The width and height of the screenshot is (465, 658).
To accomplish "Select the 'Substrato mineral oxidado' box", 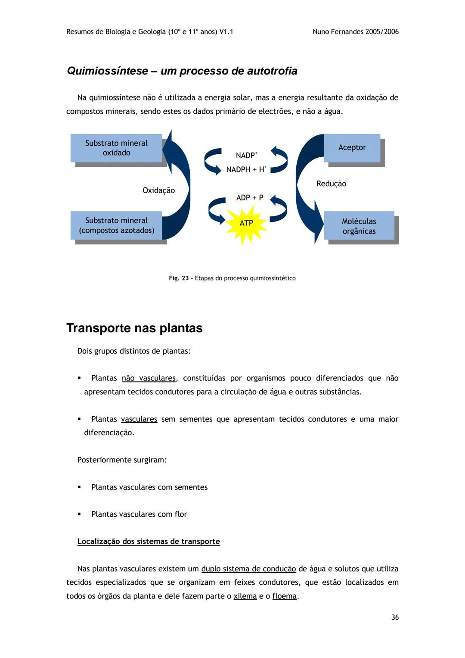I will (x=116, y=148).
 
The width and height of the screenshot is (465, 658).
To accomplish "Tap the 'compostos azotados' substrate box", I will (x=116, y=225).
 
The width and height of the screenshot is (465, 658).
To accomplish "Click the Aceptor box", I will (x=352, y=147).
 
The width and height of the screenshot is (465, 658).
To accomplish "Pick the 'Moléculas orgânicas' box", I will (x=359, y=226).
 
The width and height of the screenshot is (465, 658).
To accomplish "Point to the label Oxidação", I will (x=158, y=190).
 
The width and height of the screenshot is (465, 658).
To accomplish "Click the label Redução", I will (x=331, y=184).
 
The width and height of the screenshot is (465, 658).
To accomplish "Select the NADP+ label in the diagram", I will (x=246, y=155).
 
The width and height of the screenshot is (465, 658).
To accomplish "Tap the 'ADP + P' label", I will (x=250, y=198).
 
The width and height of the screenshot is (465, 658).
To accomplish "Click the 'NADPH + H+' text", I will (x=246, y=169).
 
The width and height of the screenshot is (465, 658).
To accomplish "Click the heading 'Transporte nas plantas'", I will (x=134, y=328).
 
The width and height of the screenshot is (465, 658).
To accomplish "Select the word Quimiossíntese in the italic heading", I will (x=107, y=71).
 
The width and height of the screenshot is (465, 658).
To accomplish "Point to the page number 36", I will (x=395, y=617).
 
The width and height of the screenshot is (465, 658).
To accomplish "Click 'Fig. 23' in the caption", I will (x=178, y=278).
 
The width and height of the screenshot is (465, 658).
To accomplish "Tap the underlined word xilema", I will (x=245, y=596).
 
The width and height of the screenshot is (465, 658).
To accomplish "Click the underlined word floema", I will (x=284, y=596).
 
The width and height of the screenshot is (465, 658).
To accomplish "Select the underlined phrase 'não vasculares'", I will (x=149, y=378).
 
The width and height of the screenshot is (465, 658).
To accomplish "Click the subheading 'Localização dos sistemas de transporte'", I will (x=149, y=541).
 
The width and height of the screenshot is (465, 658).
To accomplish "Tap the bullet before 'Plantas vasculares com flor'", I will (x=79, y=514).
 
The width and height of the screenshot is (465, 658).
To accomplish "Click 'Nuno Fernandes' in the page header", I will (x=338, y=31).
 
